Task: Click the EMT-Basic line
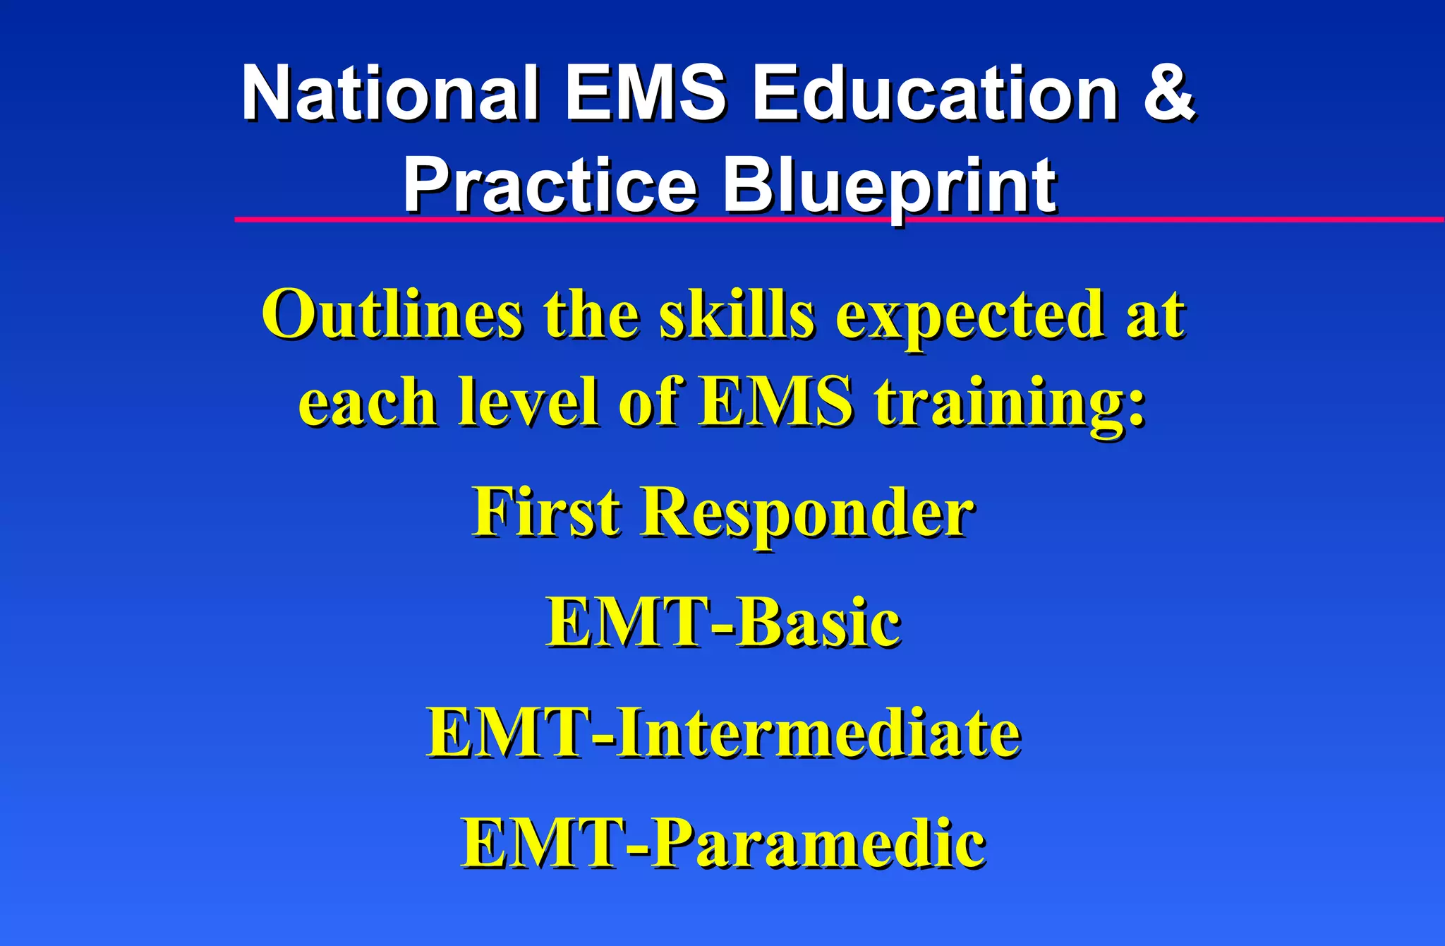pos(723,623)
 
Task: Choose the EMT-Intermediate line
pos(723,734)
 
